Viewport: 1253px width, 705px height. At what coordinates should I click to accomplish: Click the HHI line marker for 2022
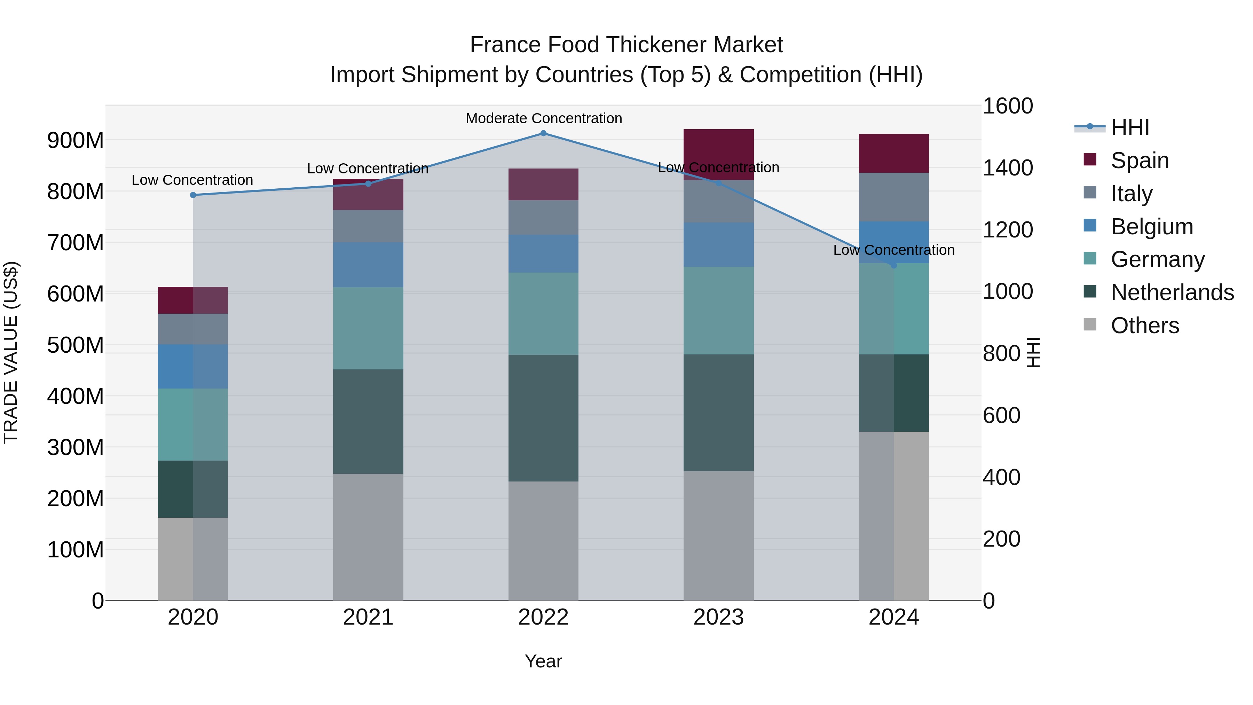[543, 133]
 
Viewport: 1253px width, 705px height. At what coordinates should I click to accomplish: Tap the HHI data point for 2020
[193, 195]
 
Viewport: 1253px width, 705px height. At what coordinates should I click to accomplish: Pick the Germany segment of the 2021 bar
[368, 328]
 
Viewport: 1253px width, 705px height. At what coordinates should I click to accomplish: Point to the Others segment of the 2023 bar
[718, 535]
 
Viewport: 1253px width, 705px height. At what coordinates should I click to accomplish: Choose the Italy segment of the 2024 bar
[893, 197]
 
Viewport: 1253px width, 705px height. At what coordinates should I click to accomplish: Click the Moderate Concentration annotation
[544, 118]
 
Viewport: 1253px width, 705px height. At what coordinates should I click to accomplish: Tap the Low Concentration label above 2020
[192, 180]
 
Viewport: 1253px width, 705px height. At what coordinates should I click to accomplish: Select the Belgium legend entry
[1151, 227]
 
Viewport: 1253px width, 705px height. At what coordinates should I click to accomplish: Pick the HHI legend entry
[1129, 127]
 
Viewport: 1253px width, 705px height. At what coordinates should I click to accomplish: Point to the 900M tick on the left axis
[76, 141]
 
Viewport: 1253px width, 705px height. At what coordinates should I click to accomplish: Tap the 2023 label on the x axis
[718, 617]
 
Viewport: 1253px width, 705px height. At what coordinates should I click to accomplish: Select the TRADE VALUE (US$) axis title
[11, 352]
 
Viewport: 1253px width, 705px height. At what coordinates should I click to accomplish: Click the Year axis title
[543, 661]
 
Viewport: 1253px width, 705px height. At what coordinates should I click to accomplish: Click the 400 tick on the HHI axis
[1001, 477]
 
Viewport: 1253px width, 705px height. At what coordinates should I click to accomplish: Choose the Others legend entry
[1144, 326]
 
